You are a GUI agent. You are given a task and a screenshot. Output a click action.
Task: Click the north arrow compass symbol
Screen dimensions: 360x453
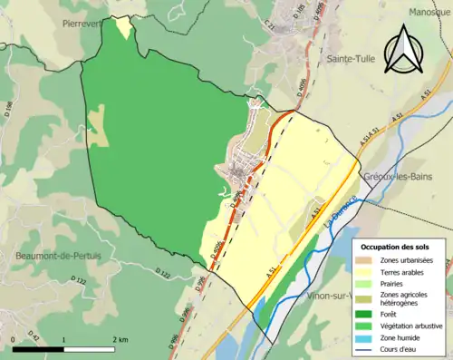[x=405, y=51]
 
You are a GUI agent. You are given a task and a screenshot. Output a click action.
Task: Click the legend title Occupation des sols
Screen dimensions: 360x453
[x=395, y=246]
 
